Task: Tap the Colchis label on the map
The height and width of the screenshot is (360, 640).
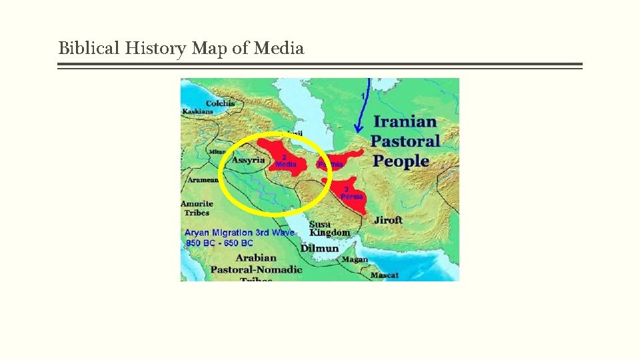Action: (220, 103)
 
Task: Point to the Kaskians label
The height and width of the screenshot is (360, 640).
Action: (197, 112)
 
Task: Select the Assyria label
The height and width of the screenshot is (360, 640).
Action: (248, 161)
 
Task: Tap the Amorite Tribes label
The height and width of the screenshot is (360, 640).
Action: (197, 208)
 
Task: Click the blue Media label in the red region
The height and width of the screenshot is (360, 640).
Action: (286, 164)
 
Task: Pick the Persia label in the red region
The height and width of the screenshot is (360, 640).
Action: (352, 197)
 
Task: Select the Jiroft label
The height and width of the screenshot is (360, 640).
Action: (388, 220)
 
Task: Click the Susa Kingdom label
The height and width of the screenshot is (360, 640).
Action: (329, 229)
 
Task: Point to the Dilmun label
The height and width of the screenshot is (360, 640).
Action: (319, 248)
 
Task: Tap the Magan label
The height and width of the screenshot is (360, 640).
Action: (355, 260)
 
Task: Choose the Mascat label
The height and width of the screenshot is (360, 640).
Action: (385, 275)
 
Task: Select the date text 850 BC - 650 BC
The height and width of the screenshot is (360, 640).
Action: (219, 243)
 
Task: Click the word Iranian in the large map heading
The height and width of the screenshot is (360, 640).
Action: (405, 122)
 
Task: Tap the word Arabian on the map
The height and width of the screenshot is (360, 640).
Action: (256, 258)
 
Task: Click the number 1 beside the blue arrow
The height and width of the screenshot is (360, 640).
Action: (363, 97)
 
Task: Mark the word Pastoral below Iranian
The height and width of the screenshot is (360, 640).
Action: (405, 141)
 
